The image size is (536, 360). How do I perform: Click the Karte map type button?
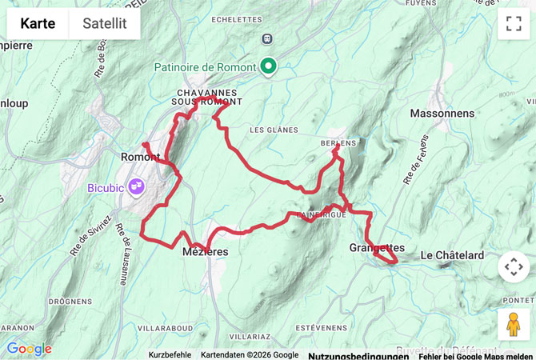click(x=38, y=23)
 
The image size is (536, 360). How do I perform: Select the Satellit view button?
click(x=105, y=23)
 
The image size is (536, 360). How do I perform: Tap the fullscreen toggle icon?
click(x=514, y=23)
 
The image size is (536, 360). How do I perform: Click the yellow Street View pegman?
click(x=514, y=324)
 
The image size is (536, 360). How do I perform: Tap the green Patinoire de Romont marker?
click(x=269, y=67)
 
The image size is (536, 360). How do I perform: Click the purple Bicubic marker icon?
click(x=136, y=187)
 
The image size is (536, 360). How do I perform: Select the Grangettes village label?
click(x=378, y=248)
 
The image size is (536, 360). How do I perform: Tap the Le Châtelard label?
click(x=452, y=255)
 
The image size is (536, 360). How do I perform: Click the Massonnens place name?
click(x=442, y=114)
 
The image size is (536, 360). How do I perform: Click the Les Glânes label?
click(x=274, y=130)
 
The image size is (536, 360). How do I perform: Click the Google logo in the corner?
click(x=29, y=349)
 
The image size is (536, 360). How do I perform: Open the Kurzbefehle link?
click(x=170, y=354)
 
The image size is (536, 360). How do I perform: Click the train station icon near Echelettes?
click(x=266, y=38)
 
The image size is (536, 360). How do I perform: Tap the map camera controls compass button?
click(x=514, y=267)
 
